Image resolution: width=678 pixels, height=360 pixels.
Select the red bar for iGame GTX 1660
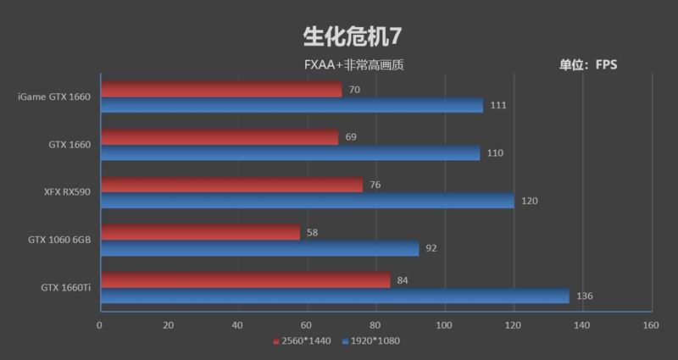coord(220,90)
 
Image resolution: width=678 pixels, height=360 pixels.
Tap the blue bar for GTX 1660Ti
coord(334,296)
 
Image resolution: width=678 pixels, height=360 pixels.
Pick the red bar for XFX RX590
coord(231,185)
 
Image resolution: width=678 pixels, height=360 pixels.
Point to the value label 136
coord(584,296)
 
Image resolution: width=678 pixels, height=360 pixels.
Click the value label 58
coord(313,233)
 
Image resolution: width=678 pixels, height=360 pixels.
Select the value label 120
coord(529,201)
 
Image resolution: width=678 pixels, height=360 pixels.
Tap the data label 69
coord(351,137)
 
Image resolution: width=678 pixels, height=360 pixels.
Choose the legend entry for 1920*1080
coord(370,341)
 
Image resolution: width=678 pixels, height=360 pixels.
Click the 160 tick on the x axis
coord(650,325)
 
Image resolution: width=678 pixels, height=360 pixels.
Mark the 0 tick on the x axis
coord(100,325)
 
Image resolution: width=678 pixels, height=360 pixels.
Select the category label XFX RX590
coord(67,192)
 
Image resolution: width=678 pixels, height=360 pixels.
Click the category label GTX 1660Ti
coord(65,288)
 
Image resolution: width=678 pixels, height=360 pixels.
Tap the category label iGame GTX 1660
coord(53,97)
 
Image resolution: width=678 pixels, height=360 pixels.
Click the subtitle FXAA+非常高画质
coord(354,64)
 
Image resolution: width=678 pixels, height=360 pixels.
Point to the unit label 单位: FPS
coord(588,64)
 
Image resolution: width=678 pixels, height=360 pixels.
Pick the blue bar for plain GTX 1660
coord(290,153)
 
